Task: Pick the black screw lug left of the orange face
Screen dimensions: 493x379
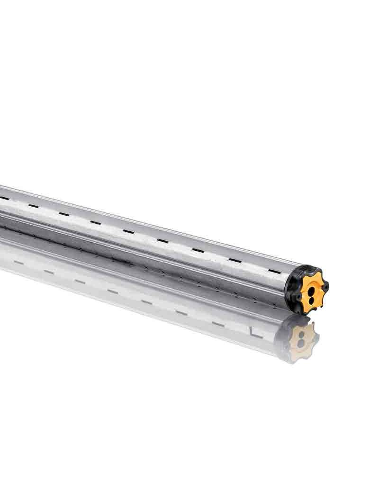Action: pyautogui.click(x=297, y=297)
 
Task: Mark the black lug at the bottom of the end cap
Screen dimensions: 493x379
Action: pyautogui.click(x=304, y=310)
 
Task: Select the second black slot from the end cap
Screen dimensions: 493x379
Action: pyautogui.click(x=235, y=260)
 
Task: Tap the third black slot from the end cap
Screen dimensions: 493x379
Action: pyautogui.click(x=198, y=250)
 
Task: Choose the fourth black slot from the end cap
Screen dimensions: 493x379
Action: pyautogui.click(x=162, y=240)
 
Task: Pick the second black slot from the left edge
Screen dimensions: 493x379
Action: pyautogui.click(x=33, y=206)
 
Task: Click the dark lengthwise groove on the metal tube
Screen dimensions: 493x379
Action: pyautogui.click(x=142, y=246)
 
